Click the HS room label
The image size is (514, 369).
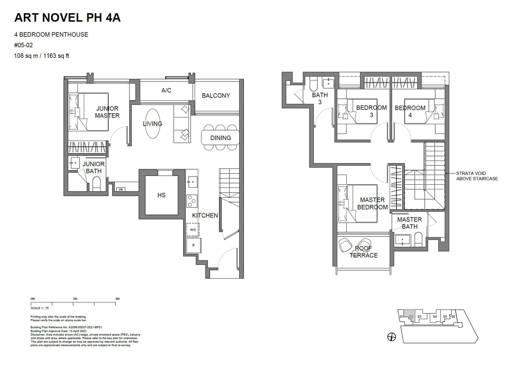[161, 195]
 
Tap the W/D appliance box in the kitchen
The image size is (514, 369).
[193, 230]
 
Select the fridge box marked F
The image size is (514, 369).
[193, 245]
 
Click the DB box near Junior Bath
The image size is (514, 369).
[121, 189]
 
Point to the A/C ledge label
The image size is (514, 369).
[166, 90]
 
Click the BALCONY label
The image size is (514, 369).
[216, 96]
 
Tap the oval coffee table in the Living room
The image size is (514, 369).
[152, 124]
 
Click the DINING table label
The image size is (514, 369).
[220, 138]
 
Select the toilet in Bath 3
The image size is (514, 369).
[313, 85]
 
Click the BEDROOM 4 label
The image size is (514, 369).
[410, 111]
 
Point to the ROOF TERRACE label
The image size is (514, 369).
[363, 252]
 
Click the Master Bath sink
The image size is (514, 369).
[403, 240]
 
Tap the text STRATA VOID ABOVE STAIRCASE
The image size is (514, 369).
[477, 176]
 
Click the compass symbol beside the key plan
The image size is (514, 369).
[392, 337]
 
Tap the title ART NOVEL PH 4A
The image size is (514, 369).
[67, 18]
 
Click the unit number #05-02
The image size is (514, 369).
[23, 45]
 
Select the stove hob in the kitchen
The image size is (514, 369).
[192, 201]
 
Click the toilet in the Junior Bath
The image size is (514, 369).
[96, 184]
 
